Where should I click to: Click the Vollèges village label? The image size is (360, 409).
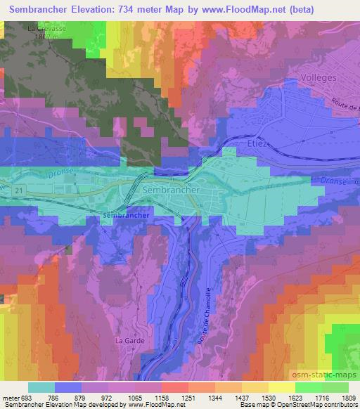tap(317, 77)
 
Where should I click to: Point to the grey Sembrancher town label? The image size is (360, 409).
tap(172, 190)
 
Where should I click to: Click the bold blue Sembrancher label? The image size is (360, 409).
tap(126, 215)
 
